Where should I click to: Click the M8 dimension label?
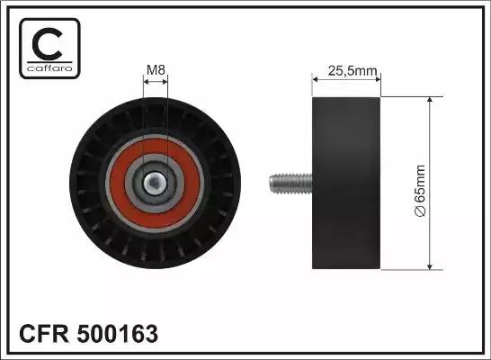coord(156,70)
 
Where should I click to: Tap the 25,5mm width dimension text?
coord(353,71)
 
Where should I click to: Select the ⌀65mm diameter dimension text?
coord(420,190)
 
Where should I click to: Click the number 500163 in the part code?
coord(118,334)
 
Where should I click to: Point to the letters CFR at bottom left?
coord(43,334)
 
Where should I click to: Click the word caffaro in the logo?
coord(49,68)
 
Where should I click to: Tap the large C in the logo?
coord(48,44)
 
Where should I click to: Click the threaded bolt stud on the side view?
coord(290,184)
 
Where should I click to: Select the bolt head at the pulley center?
coord(154,184)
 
